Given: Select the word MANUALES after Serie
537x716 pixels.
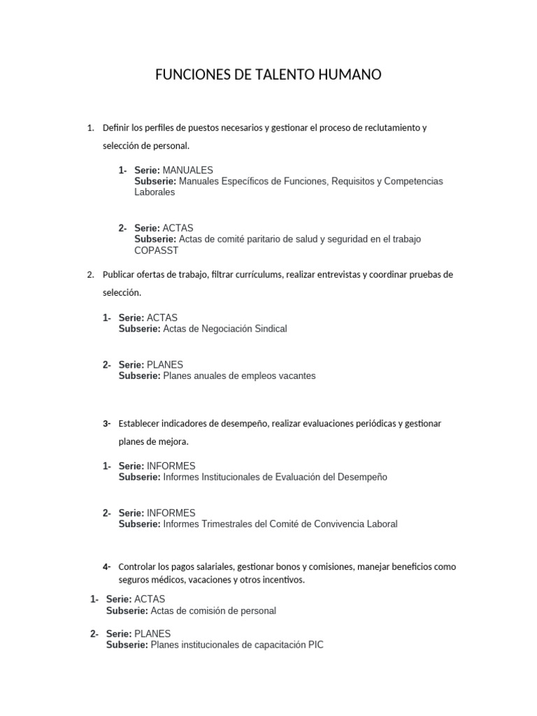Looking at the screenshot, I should click(x=187, y=170).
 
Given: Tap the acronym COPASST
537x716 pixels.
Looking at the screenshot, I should click(x=157, y=250).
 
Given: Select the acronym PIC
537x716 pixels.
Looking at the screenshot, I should click(x=315, y=645).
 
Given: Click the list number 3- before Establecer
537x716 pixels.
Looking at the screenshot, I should click(x=107, y=424).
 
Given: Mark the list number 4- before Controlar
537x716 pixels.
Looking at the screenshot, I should click(x=107, y=566).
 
